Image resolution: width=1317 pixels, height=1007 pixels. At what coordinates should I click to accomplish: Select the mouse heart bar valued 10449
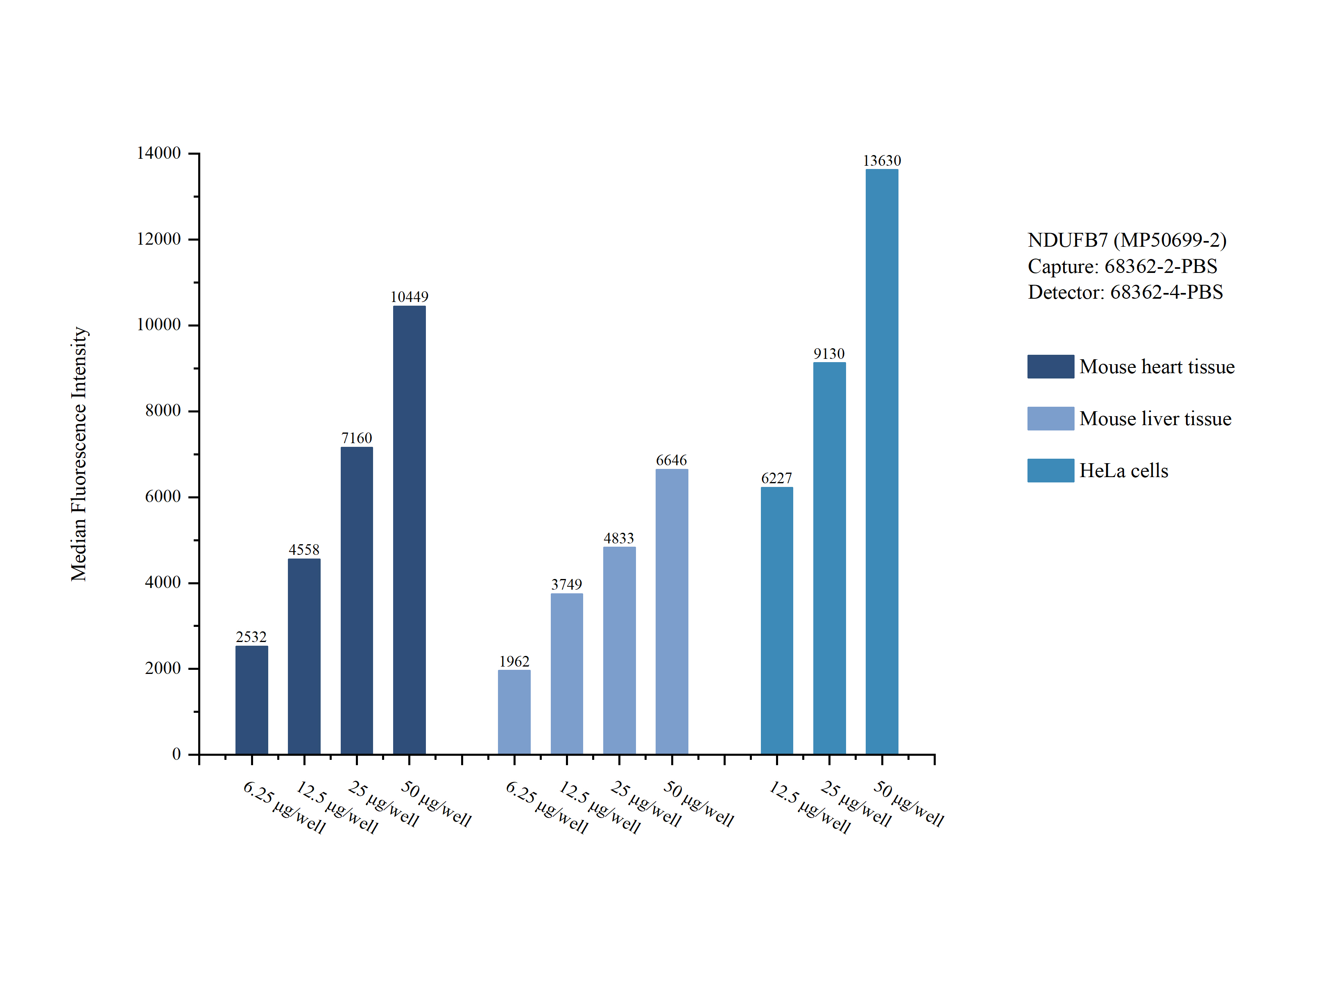click(409, 530)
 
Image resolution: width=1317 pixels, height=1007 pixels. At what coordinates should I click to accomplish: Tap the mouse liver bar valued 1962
click(514, 712)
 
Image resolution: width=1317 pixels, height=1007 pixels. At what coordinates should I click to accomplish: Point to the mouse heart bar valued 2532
click(251, 700)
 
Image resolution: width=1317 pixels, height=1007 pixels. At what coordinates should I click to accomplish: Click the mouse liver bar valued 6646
click(671, 611)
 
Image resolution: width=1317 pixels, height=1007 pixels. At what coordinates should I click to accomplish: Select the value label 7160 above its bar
click(356, 438)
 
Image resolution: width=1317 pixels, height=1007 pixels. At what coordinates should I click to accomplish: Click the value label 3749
click(566, 584)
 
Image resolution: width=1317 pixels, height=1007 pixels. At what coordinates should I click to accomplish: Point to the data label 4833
click(618, 538)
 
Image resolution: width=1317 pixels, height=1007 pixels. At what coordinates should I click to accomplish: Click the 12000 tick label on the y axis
click(158, 239)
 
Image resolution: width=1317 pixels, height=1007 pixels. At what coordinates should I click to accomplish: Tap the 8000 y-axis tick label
click(163, 410)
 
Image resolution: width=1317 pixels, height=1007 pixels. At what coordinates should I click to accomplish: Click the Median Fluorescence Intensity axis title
click(79, 454)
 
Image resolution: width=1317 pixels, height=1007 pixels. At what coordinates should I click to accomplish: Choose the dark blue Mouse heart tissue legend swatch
click(1050, 366)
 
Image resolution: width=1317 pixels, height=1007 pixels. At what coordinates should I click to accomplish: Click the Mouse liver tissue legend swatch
click(1050, 418)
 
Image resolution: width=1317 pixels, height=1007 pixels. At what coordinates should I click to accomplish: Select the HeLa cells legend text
click(1123, 471)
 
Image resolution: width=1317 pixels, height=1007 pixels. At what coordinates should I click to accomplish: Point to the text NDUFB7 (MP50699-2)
click(1126, 240)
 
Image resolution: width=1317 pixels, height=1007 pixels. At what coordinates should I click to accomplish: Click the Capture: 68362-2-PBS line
click(1122, 266)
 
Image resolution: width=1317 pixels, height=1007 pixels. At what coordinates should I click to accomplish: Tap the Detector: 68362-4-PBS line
click(1125, 292)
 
